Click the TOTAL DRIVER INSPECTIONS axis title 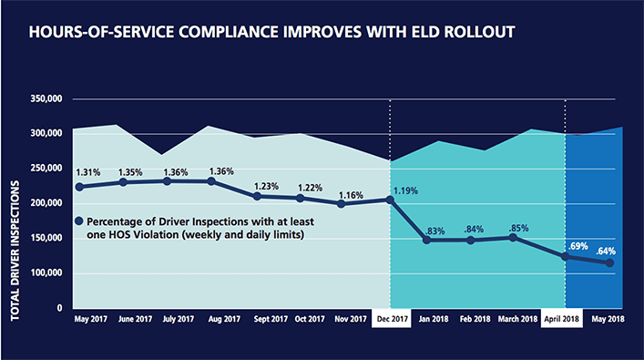pos(15,250)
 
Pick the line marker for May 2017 pos(80,187)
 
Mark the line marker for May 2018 pos(609,263)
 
